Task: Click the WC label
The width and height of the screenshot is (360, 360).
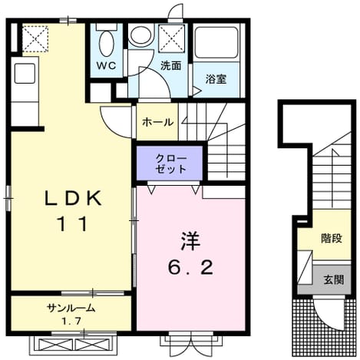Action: [x=106, y=66]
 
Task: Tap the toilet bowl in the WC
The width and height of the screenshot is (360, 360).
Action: [x=106, y=44]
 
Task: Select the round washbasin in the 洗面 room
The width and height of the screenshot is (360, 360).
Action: [x=140, y=35]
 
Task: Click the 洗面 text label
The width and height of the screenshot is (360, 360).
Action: [x=171, y=66]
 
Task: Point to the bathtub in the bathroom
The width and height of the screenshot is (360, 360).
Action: [x=216, y=42]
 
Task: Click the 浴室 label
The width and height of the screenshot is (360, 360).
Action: [x=216, y=79]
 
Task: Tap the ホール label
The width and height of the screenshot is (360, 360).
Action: [x=157, y=122]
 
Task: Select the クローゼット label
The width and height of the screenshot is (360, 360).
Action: [x=170, y=163]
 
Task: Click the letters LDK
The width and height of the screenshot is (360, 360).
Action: [x=73, y=199]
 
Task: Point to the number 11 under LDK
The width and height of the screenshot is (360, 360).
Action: [x=73, y=223]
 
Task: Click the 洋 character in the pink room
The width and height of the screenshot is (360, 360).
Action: [x=190, y=241]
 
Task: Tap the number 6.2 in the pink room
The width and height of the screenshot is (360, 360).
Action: [x=190, y=268]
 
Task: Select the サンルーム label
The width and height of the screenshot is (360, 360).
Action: [x=71, y=309]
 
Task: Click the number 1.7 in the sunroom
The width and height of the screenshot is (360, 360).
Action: [x=71, y=320]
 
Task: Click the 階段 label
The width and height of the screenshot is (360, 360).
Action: [x=332, y=239]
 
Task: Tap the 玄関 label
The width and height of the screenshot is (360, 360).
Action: [x=334, y=279]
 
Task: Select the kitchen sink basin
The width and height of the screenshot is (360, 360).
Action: [x=25, y=74]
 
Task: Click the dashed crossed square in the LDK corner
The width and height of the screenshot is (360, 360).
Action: [x=35, y=39]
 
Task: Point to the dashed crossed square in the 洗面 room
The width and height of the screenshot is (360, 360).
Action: [x=171, y=38]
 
